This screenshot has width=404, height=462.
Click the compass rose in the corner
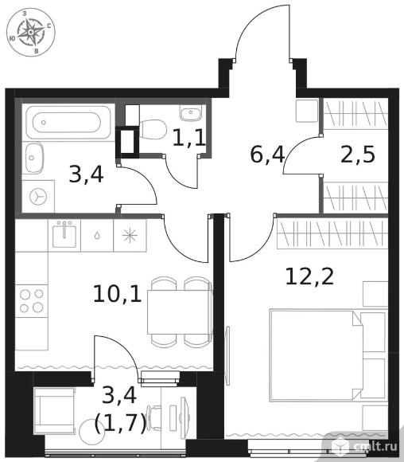pyautogui.click(x=30, y=32)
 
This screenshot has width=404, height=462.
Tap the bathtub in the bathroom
pyautogui.click(x=68, y=123)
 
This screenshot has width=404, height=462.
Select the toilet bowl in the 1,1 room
pyautogui.click(x=152, y=129)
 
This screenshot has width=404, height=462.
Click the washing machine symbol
pyautogui.click(x=38, y=196)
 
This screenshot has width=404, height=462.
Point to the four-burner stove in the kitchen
pyautogui.click(x=32, y=301)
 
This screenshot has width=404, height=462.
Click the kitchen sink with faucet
pyautogui.click(x=64, y=235)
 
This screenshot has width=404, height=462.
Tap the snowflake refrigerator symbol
pyautogui.click(x=130, y=236)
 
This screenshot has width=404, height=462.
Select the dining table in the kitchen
pyautogui.click(x=179, y=312)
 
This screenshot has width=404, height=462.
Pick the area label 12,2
pyautogui.click(x=309, y=277)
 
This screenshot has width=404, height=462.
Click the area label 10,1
pyautogui.click(x=118, y=294)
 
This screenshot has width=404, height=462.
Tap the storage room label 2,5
pyautogui.click(x=358, y=154)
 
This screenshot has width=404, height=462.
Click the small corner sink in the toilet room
pyautogui.click(x=191, y=112)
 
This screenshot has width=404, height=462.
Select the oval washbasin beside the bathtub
pyautogui.click(x=34, y=158)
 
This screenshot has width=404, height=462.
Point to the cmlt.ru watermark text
pyautogui.click(x=376, y=447)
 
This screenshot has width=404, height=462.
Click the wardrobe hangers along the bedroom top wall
pyautogui.click(x=332, y=233)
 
